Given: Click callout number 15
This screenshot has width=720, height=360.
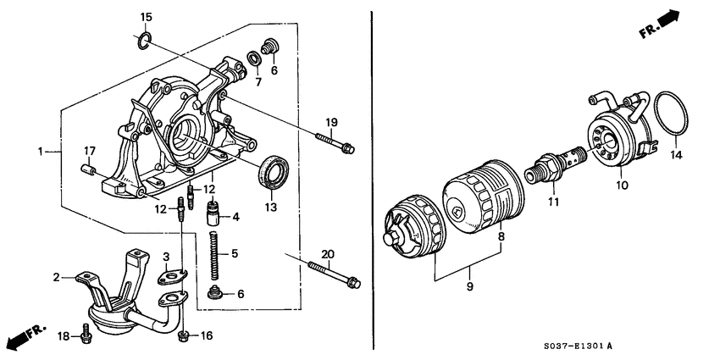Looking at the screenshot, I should click(x=146, y=17).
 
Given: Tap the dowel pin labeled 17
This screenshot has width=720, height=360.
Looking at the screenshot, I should click(x=86, y=173).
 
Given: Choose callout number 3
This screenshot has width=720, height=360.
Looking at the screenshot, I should click(x=166, y=257).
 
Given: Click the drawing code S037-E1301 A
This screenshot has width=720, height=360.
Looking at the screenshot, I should click(x=573, y=346).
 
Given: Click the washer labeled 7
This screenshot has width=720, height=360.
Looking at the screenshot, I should click(x=253, y=58).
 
